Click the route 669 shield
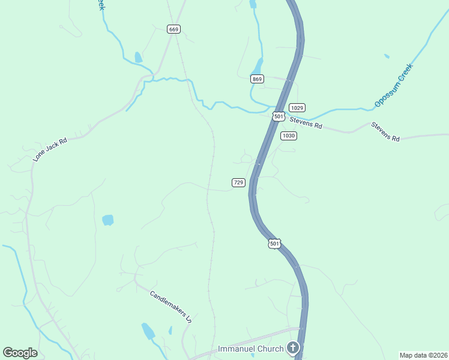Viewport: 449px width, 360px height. (x=174, y=29)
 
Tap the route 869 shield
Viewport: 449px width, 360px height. (x=258, y=79)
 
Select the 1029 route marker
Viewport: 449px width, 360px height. (x=298, y=107)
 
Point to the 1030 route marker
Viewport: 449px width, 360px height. (x=289, y=136)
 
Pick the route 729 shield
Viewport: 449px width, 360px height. (x=238, y=182)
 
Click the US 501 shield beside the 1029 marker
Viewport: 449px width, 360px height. (x=278, y=115)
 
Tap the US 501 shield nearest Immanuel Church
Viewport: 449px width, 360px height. (x=274, y=244)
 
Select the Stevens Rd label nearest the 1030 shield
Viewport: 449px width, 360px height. (x=306, y=123)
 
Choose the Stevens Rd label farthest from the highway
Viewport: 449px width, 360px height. (x=385, y=131)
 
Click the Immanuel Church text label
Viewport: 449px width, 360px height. (x=250, y=349)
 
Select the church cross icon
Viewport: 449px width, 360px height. (x=292, y=347)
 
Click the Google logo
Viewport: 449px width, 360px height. (x=20, y=353)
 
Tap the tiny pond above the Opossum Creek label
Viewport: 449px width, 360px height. (x=387, y=56)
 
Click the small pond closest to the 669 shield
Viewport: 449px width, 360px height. (x=139, y=58)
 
